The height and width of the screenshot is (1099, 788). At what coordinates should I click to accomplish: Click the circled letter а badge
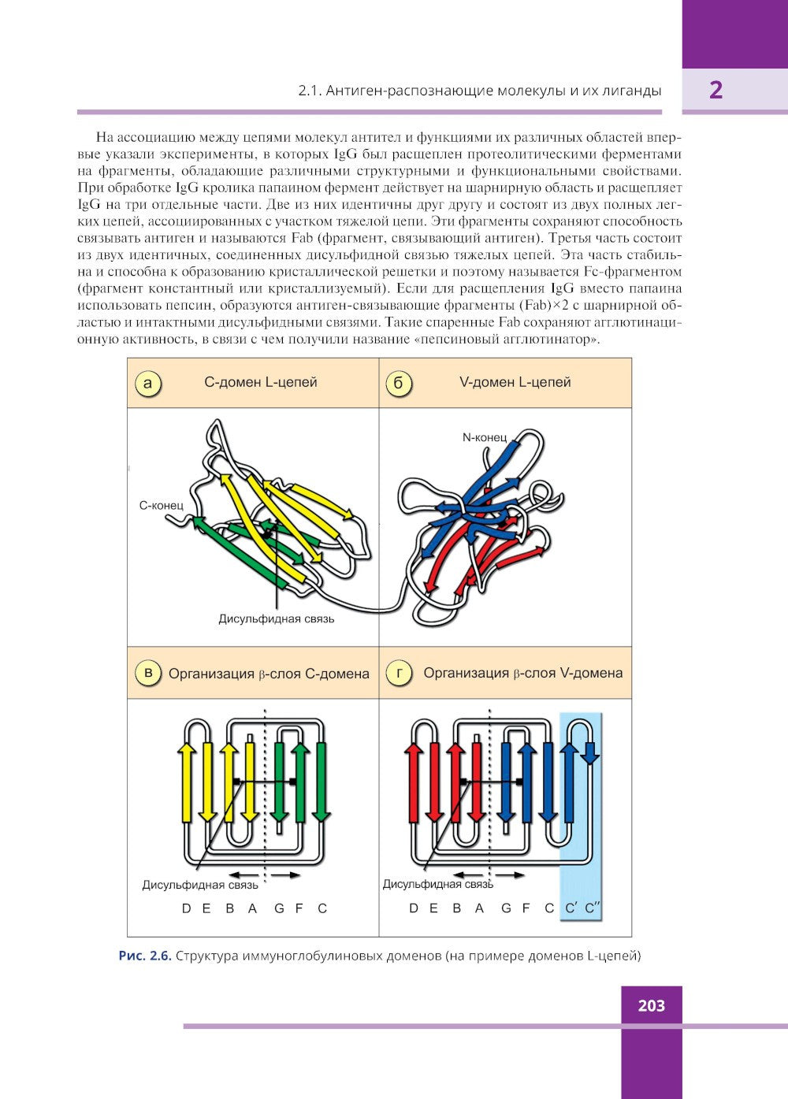[x=147, y=383]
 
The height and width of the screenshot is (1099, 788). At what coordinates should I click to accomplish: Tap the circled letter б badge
[x=399, y=383]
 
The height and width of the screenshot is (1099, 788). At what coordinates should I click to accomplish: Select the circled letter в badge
[x=147, y=673]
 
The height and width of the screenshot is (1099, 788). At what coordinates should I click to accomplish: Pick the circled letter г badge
[x=399, y=673]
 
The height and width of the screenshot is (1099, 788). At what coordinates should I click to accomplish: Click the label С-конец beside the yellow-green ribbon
[x=161, y=505]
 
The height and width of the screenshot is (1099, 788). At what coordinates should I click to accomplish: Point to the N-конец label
[x=484, y=437]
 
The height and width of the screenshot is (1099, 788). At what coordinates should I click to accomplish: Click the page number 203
[x=651, y=1006]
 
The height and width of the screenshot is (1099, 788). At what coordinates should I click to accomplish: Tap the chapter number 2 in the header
[x=716, y=90]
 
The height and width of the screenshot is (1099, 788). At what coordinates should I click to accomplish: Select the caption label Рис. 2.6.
[x=145, y=956]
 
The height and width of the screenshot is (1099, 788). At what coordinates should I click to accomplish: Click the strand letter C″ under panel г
[x=593, y=908]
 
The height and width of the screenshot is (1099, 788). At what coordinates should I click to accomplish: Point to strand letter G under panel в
[x=279, y=908]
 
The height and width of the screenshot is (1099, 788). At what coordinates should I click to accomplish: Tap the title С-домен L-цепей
[x=261, y=382]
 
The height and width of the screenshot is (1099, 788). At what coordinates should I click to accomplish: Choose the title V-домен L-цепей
[x=515, y=382]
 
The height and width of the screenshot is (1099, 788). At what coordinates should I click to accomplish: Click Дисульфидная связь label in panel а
[x=276, y=618]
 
